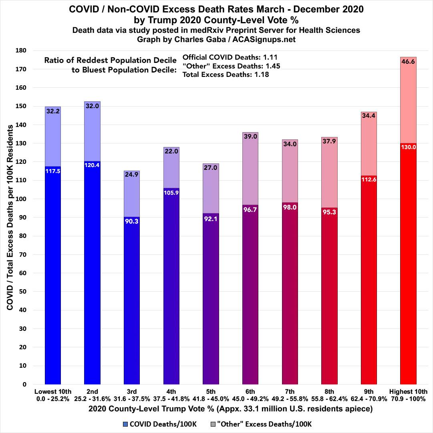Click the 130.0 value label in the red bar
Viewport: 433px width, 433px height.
[408, 147]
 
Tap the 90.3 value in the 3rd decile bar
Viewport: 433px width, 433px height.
[131, 221]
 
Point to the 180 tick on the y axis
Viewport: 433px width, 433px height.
[32, 50]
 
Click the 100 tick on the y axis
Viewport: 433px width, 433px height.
[32, 199]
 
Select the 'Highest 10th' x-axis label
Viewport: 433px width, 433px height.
[408, 392]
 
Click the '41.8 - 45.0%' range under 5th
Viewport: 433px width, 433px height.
[211, 399]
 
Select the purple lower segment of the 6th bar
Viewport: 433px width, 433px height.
[250, 300]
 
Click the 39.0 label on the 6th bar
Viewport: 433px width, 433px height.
[250, 137]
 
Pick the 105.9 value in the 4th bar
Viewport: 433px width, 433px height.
[171, 193]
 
